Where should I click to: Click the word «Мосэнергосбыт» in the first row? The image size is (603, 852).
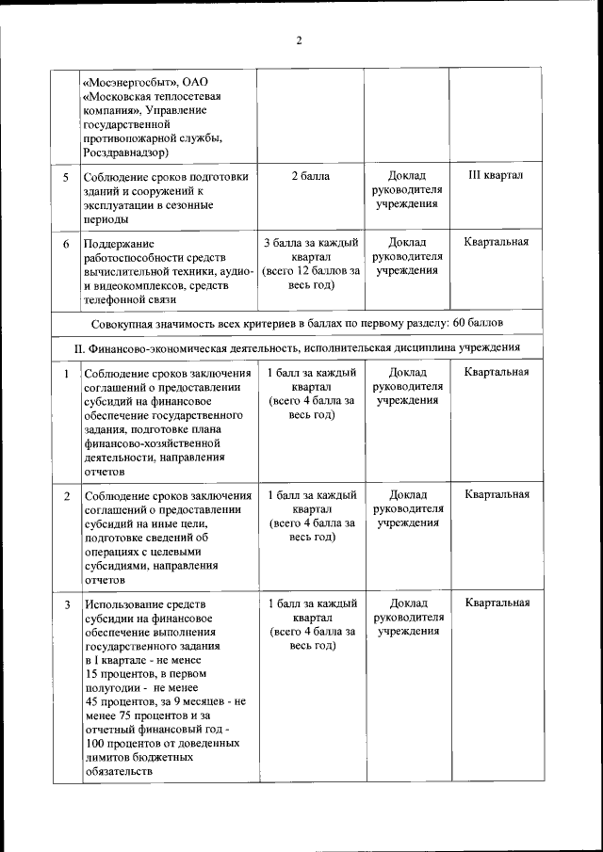tap(127, 80)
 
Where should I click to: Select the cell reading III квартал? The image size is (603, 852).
tap(496, 175)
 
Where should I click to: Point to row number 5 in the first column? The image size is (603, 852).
tap(66, 177)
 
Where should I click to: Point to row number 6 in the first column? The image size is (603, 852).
tap(66, 244)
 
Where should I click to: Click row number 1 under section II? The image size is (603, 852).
tap(66, 373)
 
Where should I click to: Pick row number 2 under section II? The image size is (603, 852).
tap(66, 496)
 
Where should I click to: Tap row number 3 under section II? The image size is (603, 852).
tap(66, 604)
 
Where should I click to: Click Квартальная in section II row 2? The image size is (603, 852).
tap(496, 494)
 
